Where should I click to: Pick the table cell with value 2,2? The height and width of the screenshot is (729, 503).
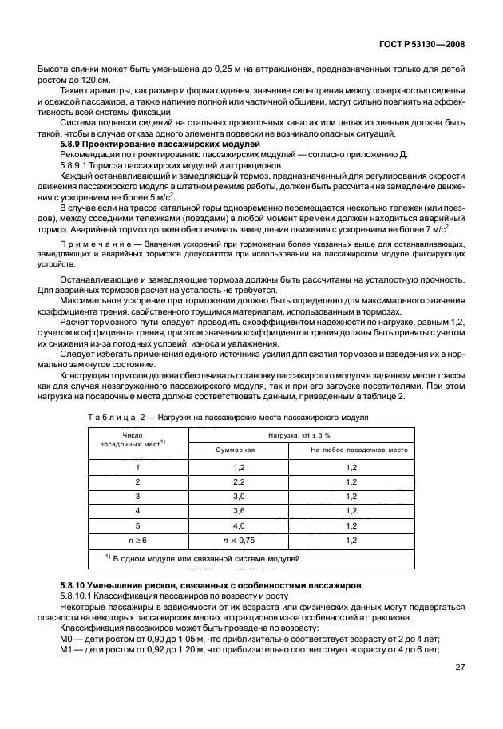(x=238, y=481)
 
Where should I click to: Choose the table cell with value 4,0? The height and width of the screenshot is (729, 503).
(x=238, y=525)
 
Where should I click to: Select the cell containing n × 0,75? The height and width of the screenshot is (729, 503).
(x=238, y=541)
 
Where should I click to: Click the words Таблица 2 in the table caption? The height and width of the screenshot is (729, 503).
(x=112, y=416)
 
